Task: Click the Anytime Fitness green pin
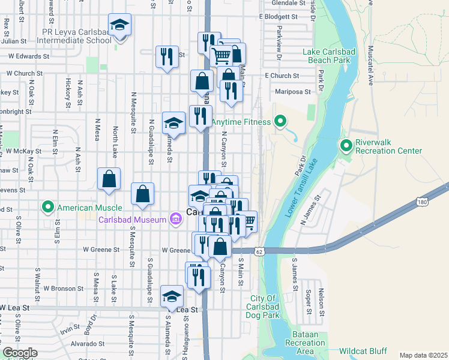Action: point(280,122)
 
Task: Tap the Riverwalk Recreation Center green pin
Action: point(346,145)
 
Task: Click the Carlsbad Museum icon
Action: point(175,220)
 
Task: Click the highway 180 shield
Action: point(423,203)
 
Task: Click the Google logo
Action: point(20,353)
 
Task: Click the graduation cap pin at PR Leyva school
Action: point(120,26)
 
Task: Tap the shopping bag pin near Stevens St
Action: point(109,178)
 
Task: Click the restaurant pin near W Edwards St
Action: point(167,57)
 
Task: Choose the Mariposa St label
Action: point(293,92)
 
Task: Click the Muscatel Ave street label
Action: point(371,67)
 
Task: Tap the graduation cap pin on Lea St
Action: point(172,296)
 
